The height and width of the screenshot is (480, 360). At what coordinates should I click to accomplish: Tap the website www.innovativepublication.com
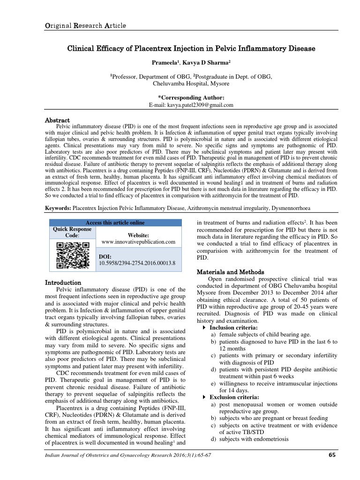tap(138, 242)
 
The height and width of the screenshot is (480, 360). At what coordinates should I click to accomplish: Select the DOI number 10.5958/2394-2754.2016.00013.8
tap(136, 264)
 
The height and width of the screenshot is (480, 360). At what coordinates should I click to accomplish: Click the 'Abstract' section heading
tap(57, 120)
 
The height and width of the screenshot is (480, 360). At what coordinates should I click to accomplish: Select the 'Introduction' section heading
tap(63, 283)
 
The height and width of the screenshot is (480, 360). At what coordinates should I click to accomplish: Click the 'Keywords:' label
tap(58, 207)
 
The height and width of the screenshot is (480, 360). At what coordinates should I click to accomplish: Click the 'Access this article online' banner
tap(115, 223)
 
